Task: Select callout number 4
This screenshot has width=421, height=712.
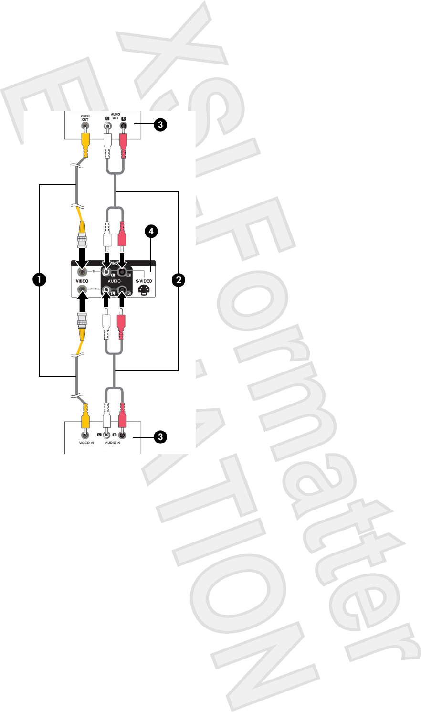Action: point(151,232)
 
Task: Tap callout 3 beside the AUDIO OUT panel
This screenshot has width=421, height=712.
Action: point(160,125)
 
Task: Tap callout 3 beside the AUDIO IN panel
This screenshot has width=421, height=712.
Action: point(160,436)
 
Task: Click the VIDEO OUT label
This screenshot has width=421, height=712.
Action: point(85,117)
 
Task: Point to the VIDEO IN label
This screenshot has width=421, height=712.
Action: point(86,443)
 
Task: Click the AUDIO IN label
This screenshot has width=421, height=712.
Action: point(113,443)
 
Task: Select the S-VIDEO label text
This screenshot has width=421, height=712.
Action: point(144,281)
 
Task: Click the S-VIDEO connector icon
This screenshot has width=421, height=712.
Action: point(144,289)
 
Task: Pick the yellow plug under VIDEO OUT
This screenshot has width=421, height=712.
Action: point(85,143)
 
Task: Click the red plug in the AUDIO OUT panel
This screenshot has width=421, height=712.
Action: point(123,143)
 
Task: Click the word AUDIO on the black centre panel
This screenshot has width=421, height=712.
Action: point(114,281)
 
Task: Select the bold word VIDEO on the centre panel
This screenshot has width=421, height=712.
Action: point(82,281)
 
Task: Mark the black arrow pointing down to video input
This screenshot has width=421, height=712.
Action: point(82,258)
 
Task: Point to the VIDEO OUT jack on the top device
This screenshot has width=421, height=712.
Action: point(85,127)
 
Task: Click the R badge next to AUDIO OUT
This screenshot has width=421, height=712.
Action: point(123,118)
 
